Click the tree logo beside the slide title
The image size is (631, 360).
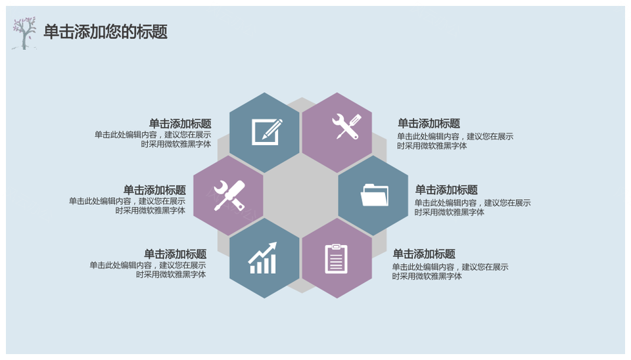(x=24, y=34)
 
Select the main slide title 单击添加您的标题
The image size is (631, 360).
(x=105, y=32)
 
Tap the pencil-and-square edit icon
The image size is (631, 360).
(x=267, y=131)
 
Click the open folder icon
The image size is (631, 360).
(x=375, y=195)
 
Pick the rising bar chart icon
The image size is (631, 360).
(x=262, y=258)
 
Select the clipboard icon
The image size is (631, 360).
(x=337, y=259)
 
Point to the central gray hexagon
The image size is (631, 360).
(x=300, y=196)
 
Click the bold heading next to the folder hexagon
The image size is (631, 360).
(x=446, y=190)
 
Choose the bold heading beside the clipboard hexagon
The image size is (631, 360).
(x=424, y=254)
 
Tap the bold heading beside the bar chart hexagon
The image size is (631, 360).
(x=175, y=254)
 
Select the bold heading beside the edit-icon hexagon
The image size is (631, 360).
(x=180, y=124)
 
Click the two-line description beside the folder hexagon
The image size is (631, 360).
(x=473, y=208)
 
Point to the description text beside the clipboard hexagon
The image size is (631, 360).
(x=450, y=271)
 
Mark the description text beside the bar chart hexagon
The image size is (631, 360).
(x=148, y=270)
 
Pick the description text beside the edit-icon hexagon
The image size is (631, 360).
(x=153, y=139)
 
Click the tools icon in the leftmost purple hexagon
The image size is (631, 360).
(x=229, y=196)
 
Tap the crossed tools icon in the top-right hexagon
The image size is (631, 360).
(x=346, y=126)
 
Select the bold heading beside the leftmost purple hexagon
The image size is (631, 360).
(x=154, y=190)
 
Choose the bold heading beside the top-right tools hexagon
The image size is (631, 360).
(x=429, y=124)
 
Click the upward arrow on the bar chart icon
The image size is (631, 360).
(x=263, y=252)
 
